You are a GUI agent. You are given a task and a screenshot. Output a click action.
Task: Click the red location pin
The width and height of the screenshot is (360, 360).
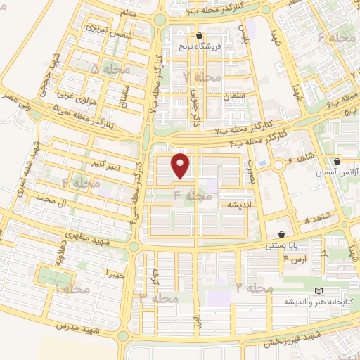point(181,167)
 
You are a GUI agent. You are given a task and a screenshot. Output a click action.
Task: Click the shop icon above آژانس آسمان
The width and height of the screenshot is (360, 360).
point(337,161)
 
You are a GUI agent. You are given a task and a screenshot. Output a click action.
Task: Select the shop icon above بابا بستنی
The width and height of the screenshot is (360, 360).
point(281,235)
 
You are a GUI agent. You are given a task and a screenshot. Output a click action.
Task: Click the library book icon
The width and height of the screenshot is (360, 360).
point(319,290)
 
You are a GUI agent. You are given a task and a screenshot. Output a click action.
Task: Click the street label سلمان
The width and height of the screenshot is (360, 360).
point(232,94)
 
